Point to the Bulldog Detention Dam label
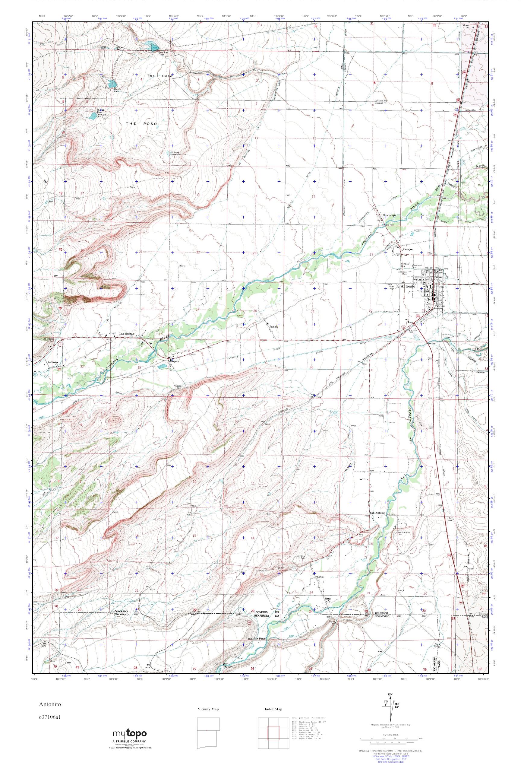pyautogui.click(x=179, y=154)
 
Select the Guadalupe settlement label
pyautogui.click(x=390, y=215)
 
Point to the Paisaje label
pyautogui.click(x=273, y=326)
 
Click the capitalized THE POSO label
pyautogui.click(x=141, y=124)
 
